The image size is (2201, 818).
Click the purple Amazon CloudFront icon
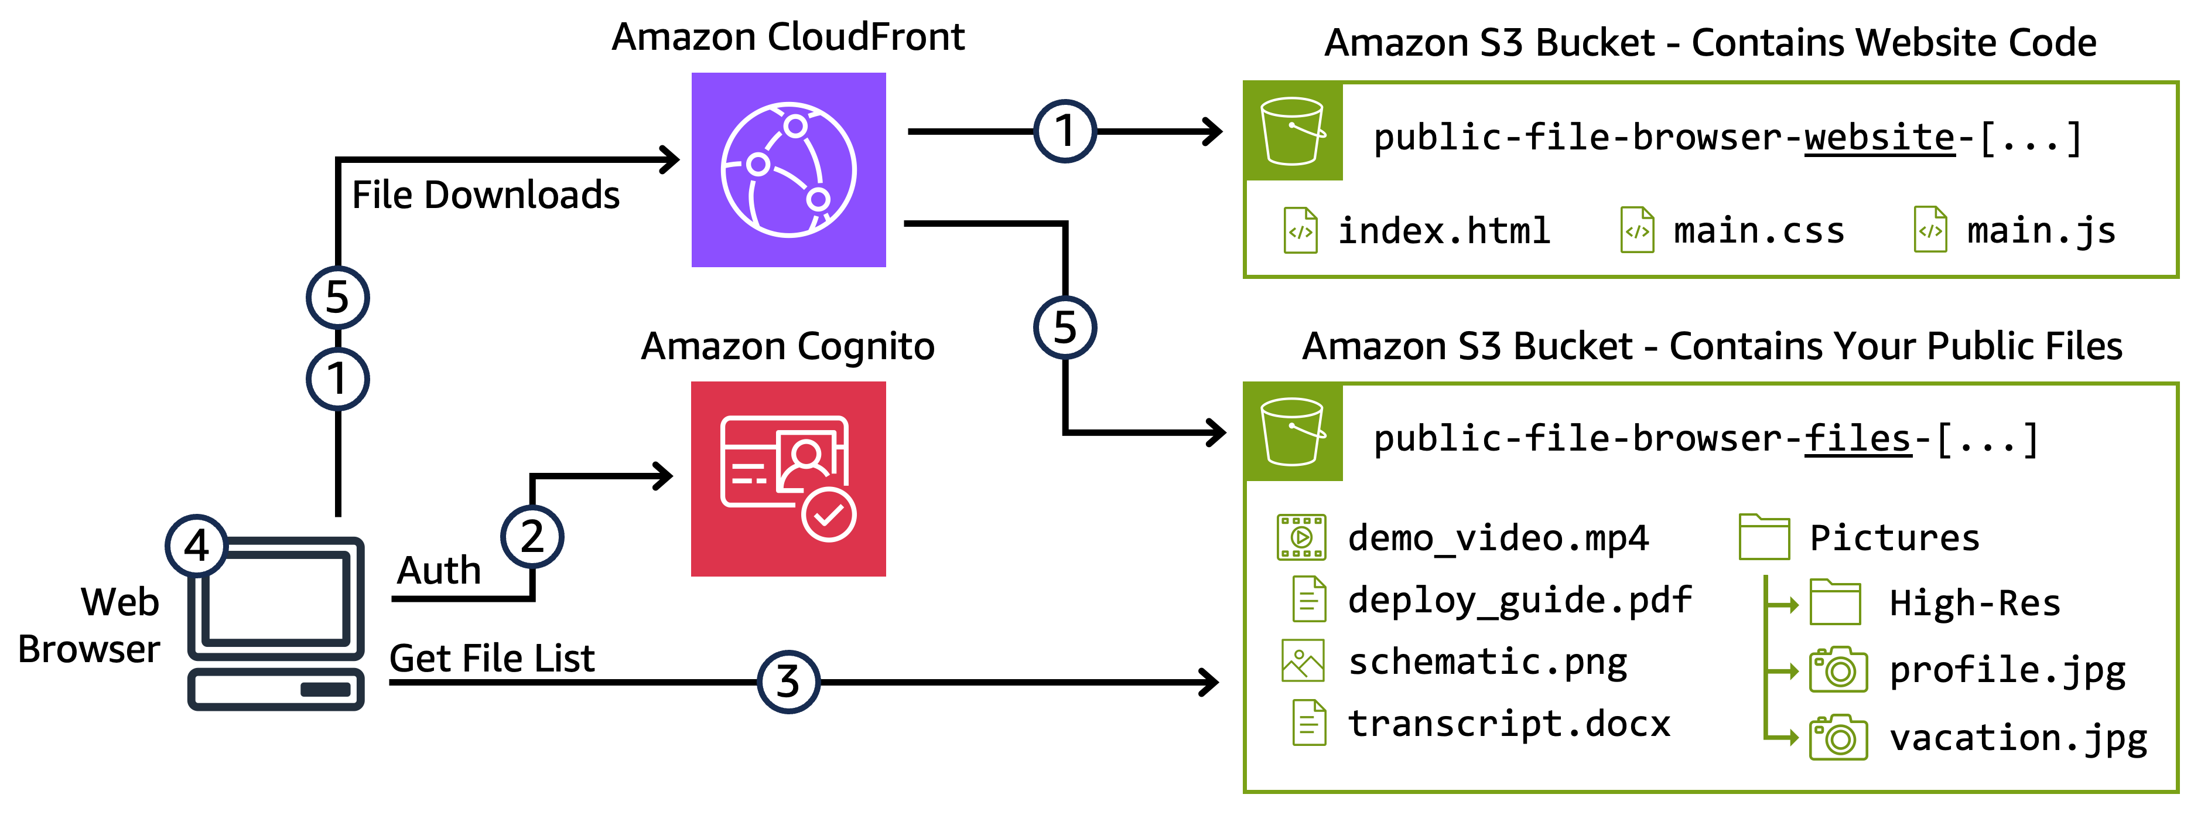point(788,169)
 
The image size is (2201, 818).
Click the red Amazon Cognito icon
point(788,479)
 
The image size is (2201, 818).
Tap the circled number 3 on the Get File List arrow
point(788,681)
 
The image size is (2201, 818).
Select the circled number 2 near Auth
point(531,537)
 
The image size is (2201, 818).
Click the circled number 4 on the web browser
point(197,546)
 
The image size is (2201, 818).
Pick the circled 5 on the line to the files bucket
point(1065,328)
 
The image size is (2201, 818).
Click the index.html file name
point(1443,231)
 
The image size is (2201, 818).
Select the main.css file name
point(1758,231)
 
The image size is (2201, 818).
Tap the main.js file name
point(2041,231)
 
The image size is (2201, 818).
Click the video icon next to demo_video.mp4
point(1300,537)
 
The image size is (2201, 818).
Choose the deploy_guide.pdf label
point(1519,599)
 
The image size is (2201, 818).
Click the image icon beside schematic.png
point(1302,661)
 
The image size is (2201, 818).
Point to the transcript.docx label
point(1509,723)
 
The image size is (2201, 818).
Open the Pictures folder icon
point(1763,537)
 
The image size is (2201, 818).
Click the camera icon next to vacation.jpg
point(1838,738)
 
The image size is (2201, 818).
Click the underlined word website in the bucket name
point(1879,138)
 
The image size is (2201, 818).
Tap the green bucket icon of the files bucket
point(1293,432)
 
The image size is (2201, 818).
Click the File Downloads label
point(486,195)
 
